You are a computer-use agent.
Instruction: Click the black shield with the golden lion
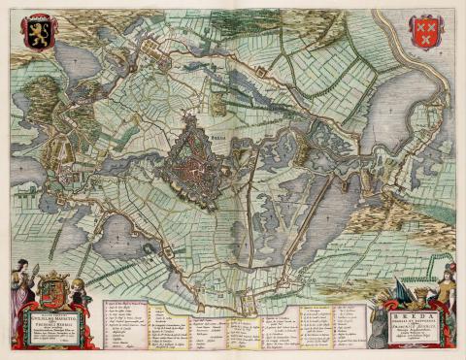coord(40,30)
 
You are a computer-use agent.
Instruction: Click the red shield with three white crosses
coord(425,30)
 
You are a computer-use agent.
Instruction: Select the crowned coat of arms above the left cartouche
coord(56,290)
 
